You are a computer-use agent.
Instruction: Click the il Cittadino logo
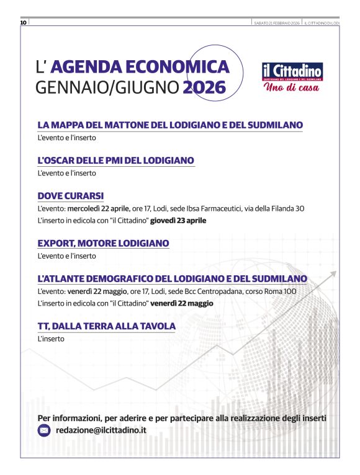pyautogui.click(x=292, y=71)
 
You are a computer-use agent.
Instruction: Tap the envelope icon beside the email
pyautogui.click(x=44, y=430)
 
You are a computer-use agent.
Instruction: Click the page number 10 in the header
pyautogui.click(x=23, y=23)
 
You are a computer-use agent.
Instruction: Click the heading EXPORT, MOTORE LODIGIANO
pyautogui.click(x=103, y=244)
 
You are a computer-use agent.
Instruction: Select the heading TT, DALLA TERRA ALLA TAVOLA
pyautogui.click(x=106, y=326)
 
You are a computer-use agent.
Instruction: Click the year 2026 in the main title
pyautogui.click(x=204, y=88)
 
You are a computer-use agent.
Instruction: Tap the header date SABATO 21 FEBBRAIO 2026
pyautogui.click(x=276, y=23)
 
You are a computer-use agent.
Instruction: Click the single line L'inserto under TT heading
pyautogui.click(x=51, y=339)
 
